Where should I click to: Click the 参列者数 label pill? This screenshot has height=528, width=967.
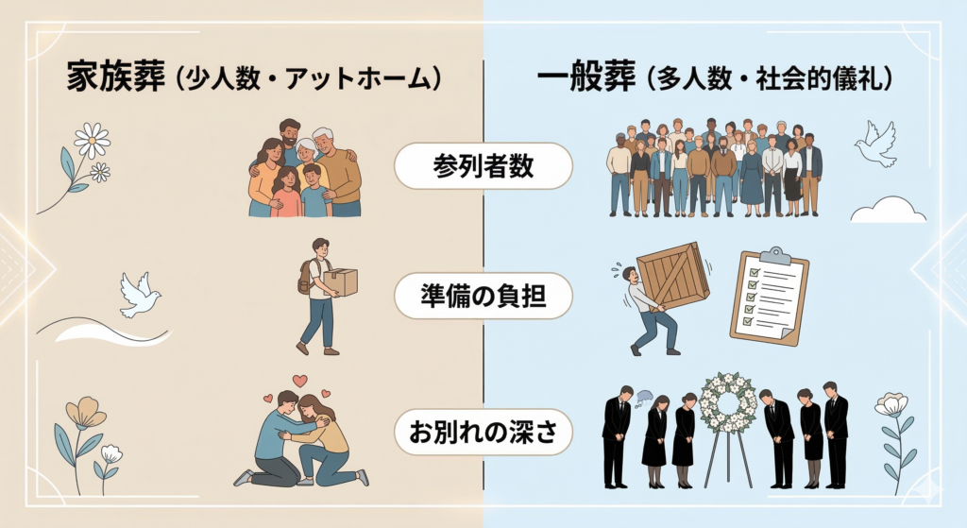click(x=483, y=167)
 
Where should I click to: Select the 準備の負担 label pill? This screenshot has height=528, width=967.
click(x=483, y=298)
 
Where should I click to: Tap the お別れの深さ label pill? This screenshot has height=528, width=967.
click(x=483, y=431)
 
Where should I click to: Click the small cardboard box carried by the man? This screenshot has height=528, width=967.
click(x=340, y=281)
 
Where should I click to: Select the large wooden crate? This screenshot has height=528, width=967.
click(x=672, y=275)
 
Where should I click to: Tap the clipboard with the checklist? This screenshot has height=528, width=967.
click(x=772, y=297)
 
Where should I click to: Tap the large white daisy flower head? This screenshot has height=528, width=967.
click(x=92, y=141)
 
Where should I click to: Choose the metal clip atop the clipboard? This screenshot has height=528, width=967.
click(x=774, y=255)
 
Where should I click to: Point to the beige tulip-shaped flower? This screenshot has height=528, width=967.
click(x=86, y=412)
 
